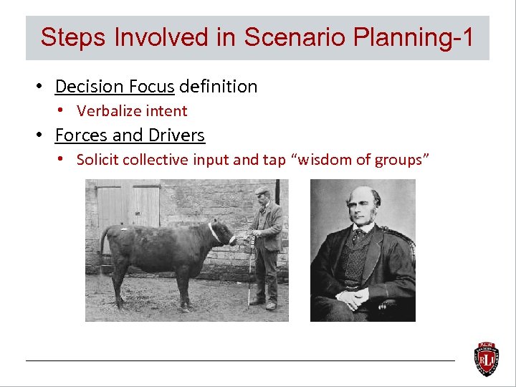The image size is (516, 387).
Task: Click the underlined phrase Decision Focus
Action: [115, 87]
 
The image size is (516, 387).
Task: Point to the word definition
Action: [218, 87]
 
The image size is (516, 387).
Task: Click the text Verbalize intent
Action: [132, 111]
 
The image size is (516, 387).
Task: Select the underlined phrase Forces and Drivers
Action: [130, 135]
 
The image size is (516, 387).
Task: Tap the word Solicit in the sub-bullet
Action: [98, 160]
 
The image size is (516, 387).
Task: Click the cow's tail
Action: [105, 247]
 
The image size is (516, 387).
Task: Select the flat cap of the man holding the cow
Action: [262, 191]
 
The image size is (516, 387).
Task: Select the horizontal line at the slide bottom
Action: [240, 360]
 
